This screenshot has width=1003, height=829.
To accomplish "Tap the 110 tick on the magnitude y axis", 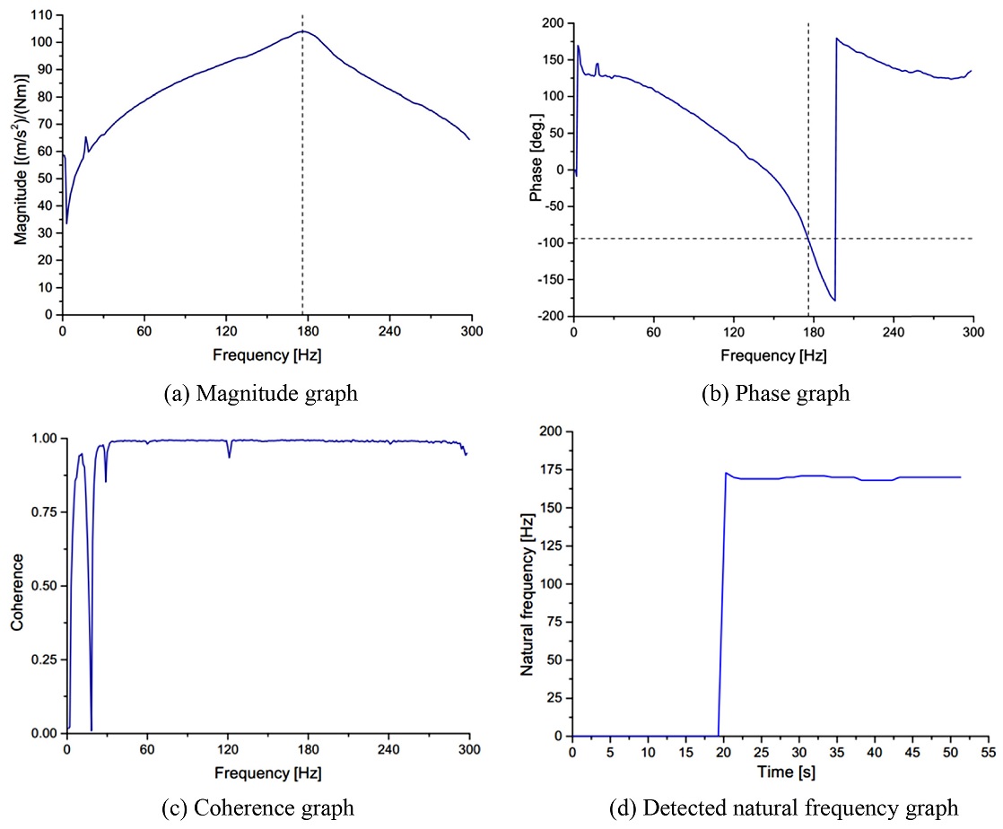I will point(42,15).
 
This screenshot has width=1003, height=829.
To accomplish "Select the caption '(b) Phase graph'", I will point(775,393).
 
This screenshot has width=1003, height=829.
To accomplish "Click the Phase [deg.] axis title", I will point(536,166).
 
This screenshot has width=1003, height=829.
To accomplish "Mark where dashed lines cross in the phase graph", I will point(808,239).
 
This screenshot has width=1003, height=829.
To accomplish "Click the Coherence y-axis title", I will point(17,586).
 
